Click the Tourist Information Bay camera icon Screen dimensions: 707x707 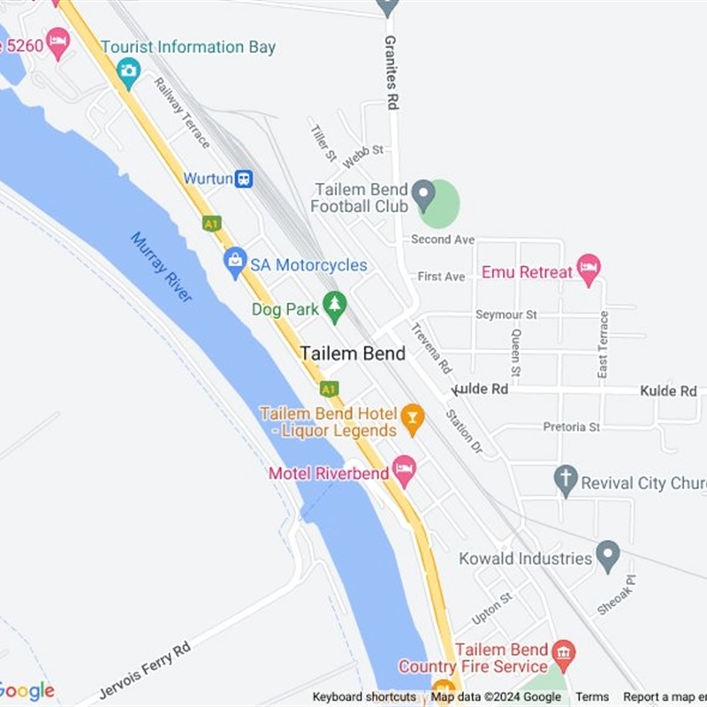pyautogui.click(x=128, y=71)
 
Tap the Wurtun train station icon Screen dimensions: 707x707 pyautogui.click(x=244, y=179)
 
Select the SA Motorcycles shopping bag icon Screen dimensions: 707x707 pyautogui.click(x=235, y=262)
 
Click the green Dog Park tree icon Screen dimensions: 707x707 pyautogui.click(x=334, y=306)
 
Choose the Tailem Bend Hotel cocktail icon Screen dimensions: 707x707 pyautogui.click(x=412, y=417)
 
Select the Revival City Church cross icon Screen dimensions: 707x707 pyautogui.click(x=566, y=481)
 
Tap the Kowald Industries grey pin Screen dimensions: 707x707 pyautogui.click(x=607, y=556)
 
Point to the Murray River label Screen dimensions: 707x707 pyautogui.click(x=162, y=267)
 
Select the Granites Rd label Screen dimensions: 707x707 pyautogui.click(x=390, y=72)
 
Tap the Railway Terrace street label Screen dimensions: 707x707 pyautogui.click(x=181, y=111)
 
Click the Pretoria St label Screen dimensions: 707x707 pyautogui.click(x=571, y=427)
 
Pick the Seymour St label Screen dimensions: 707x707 pyautogui.click(x=506, y=315)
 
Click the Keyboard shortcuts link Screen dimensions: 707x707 pyautogui.click(x=364, y=697)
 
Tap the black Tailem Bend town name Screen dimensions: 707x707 pyautogui.click(x=353, y=353)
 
